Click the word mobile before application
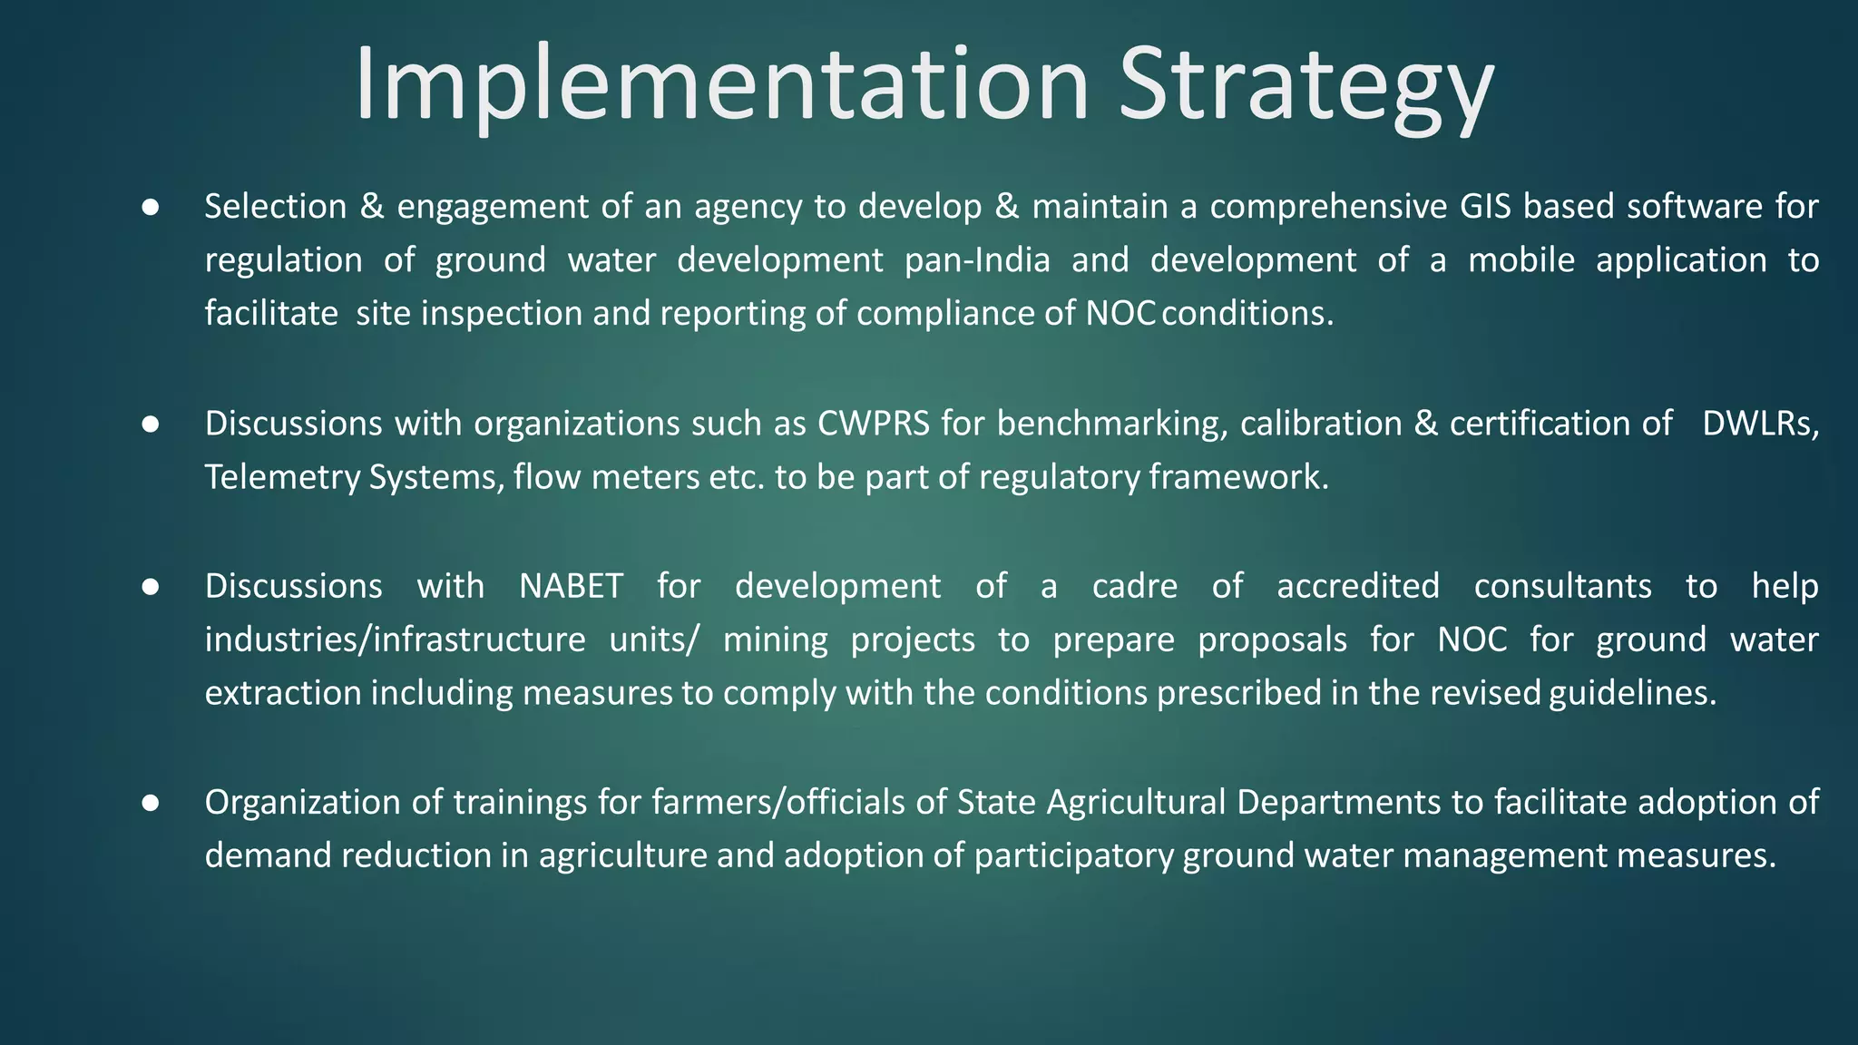1521,260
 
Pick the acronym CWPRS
873,424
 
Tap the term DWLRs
1759,424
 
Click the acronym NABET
571,586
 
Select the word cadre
1134,586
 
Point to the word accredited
1357,586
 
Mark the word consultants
1562,586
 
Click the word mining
775,640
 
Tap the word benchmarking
1112,424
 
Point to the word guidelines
1632,693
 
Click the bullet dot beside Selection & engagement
151,208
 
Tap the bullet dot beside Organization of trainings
151,803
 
